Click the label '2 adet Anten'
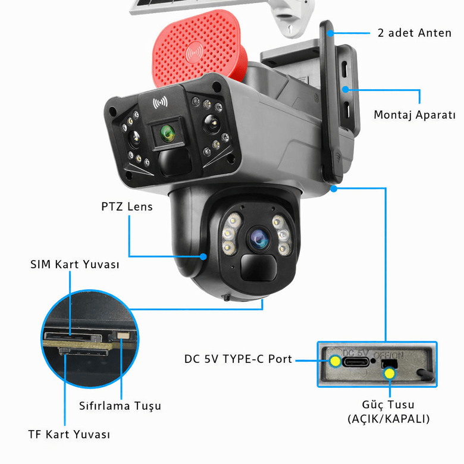[x=415, y=33]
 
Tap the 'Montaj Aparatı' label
[x=414, y=115]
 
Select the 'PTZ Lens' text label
[x=127, y=207]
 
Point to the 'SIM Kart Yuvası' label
[x=74, y=264]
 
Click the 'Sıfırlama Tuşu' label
[x=120, y=406]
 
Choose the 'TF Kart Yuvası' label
[x=69, y=434]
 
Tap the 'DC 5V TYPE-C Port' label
[x=238, y=359]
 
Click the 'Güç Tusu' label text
[x=388, y=406]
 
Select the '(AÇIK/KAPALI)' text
[x=388, y=419]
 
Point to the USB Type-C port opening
[x=355, y=361]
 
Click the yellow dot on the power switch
[x=390, y=373]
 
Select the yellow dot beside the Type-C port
[x=336, y=361]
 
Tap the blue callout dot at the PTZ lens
[x=203, y=257]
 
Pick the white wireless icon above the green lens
[x=160, y=103]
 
